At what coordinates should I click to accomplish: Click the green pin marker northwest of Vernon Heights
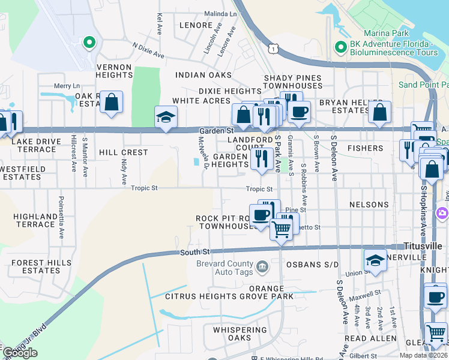click(89, 42)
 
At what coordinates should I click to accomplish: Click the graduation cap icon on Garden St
click(166, 116)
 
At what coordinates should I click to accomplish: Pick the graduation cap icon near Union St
click(375, 260)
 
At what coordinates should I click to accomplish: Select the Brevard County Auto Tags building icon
click(262, 266)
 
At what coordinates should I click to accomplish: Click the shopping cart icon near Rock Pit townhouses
click(281, 229)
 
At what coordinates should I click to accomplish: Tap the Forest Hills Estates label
click(35, 266)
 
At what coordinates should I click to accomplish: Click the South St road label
click(193, 253)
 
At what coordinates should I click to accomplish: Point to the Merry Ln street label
click(67, 86)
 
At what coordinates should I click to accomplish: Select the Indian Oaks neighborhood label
click(203, 75)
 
